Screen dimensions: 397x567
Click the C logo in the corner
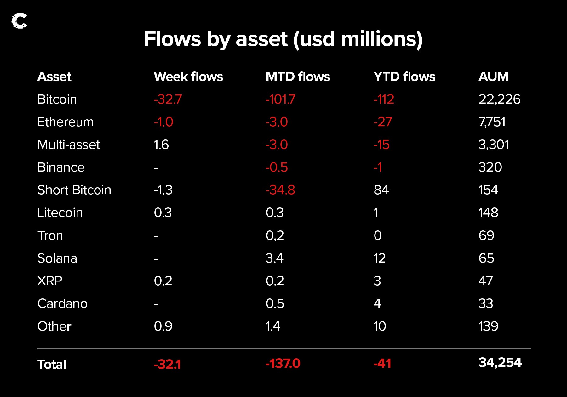pos(19,21)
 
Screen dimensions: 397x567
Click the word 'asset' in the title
pos(261,39)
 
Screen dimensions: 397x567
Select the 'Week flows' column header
pos(188,77)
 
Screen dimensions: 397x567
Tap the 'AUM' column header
pos(493,77)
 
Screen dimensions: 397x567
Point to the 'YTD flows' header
pos(404,77)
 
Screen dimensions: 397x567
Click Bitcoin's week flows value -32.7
pos(168,99)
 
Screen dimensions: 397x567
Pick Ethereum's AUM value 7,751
pos(492,122)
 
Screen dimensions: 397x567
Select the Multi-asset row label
pos(68,145)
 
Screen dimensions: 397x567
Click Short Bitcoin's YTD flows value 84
pos(381,190)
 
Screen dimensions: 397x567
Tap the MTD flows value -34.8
pos(280,190)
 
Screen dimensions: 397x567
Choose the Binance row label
pos(61,167)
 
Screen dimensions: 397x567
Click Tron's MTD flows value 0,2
pos(275,235)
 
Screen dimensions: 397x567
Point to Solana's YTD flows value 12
pos(380,258)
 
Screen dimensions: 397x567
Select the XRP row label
pos(50,281)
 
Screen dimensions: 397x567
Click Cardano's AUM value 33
pos(485,303)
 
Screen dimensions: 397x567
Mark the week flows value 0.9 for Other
pos(163,326)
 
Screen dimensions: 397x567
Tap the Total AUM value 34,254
pos(500,362)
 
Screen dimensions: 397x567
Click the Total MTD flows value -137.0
pos(283,364)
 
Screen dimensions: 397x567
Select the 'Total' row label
pos(52,365)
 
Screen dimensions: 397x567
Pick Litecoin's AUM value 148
pos(488,213)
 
